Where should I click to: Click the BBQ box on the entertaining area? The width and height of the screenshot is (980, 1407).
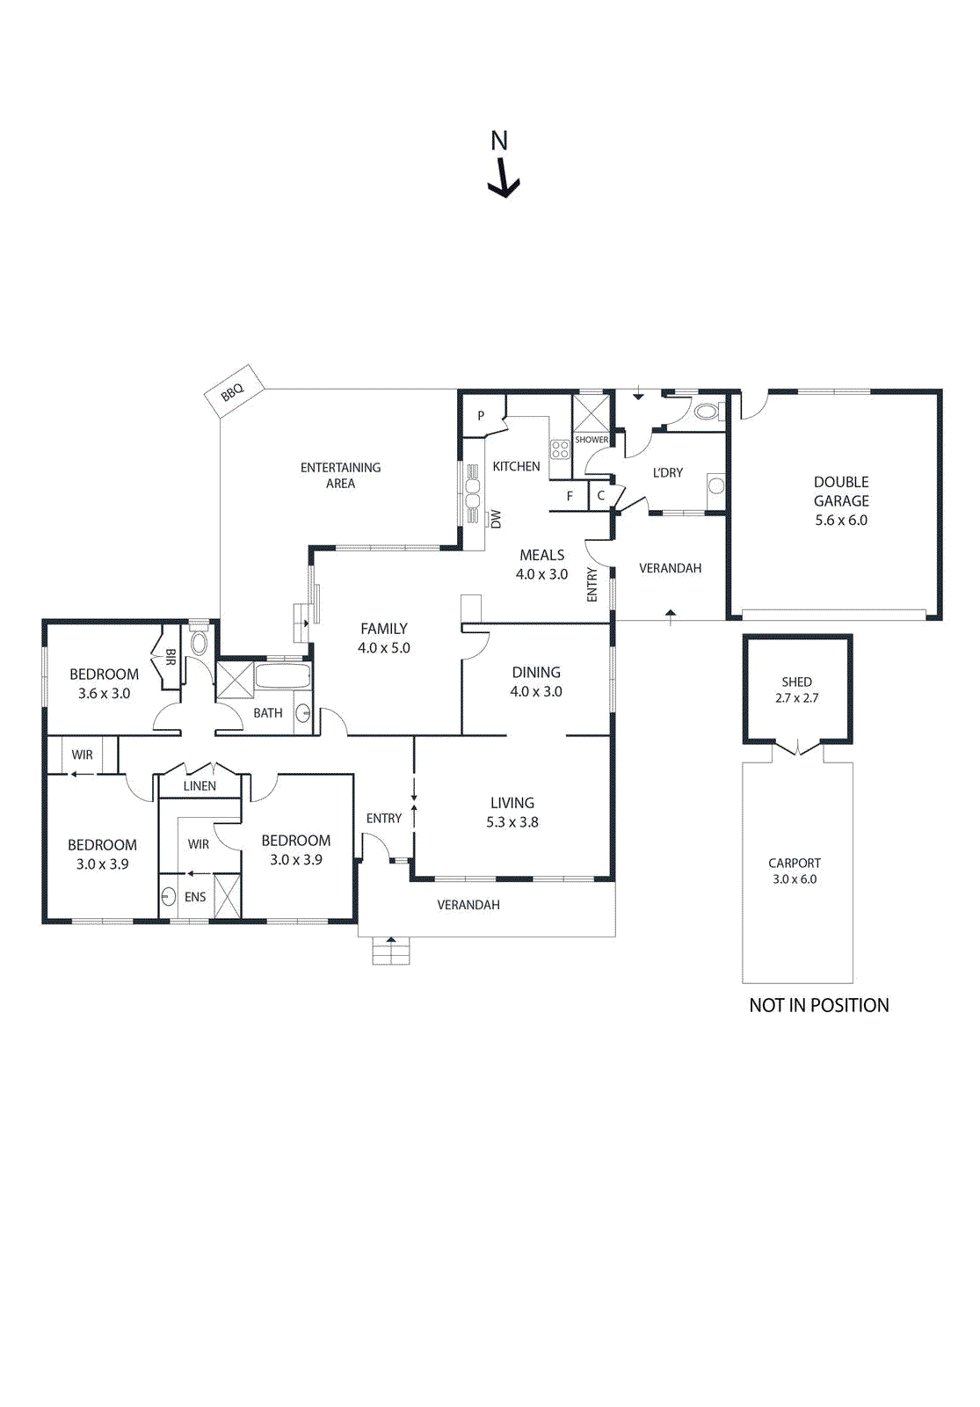click(233, 390)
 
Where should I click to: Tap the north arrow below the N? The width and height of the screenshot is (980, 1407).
click(504, 179)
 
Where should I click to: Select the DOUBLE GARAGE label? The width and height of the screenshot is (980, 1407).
click(841, 500)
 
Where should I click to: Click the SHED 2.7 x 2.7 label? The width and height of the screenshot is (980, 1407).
click(796, 689)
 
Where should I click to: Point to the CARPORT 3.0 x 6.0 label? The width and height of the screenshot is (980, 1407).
click(795, 871)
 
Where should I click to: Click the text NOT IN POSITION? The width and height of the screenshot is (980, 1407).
click(818, 1005)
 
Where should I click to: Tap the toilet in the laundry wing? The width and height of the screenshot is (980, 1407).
click(707, 411)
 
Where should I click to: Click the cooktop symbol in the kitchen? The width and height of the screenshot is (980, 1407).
click(560, 449)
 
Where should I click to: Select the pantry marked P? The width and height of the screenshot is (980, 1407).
click(481, 415)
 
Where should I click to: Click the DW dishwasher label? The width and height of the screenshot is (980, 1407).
click(496, 519)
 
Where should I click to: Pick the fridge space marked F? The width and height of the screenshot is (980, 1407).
click(570, 496)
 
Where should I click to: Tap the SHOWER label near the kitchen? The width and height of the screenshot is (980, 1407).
click(592, 440)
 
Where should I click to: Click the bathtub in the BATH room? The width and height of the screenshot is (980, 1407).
click(282, 678)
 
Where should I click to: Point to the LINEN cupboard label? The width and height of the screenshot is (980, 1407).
click(200, 786)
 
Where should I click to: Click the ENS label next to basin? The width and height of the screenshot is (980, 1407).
click(195, 897)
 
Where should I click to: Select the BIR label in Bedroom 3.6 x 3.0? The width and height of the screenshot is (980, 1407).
click(171, 657)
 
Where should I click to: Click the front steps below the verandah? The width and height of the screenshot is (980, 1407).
click(390, 951)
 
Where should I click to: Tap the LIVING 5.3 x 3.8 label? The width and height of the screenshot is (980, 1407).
click(512, 812)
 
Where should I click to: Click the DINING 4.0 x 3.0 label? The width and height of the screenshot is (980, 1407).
click(536, 682)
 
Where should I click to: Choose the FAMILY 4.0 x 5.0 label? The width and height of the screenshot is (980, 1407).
click(384, 638)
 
